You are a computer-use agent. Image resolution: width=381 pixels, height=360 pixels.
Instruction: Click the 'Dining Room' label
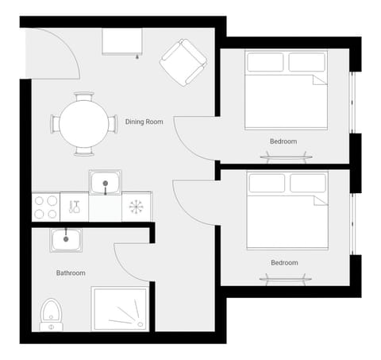[144, 122]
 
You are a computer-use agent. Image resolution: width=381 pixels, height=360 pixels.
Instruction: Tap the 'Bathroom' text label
[71, 273]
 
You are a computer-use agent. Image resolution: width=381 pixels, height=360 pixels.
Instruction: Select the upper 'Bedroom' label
[283, 141]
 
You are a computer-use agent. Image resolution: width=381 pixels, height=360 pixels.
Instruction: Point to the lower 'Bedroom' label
[284, 263]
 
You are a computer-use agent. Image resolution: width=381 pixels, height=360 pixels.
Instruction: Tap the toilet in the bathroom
[51, 314]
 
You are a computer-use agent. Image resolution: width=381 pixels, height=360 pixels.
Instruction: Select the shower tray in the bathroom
[120, 309]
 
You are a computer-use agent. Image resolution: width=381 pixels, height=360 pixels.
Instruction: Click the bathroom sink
[64, 239]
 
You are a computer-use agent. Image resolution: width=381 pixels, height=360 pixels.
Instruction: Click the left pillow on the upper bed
[265, 62]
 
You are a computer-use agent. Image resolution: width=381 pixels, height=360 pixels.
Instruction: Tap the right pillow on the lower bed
[309, 184]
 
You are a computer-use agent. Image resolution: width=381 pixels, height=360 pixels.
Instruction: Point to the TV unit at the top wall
[122, 41]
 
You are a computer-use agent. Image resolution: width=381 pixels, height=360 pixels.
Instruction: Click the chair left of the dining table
[55, 124]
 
